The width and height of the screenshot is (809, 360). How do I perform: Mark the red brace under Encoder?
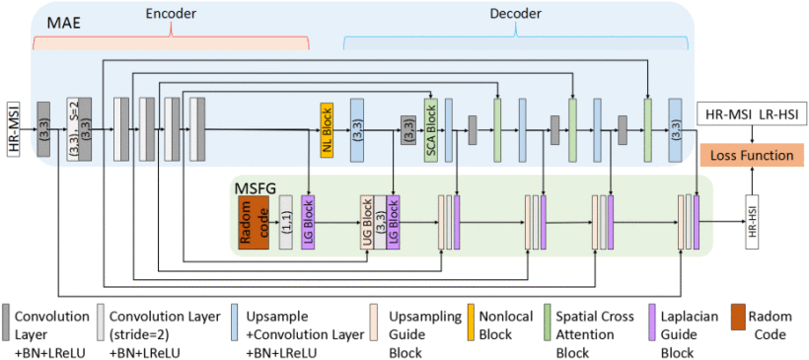171,39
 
